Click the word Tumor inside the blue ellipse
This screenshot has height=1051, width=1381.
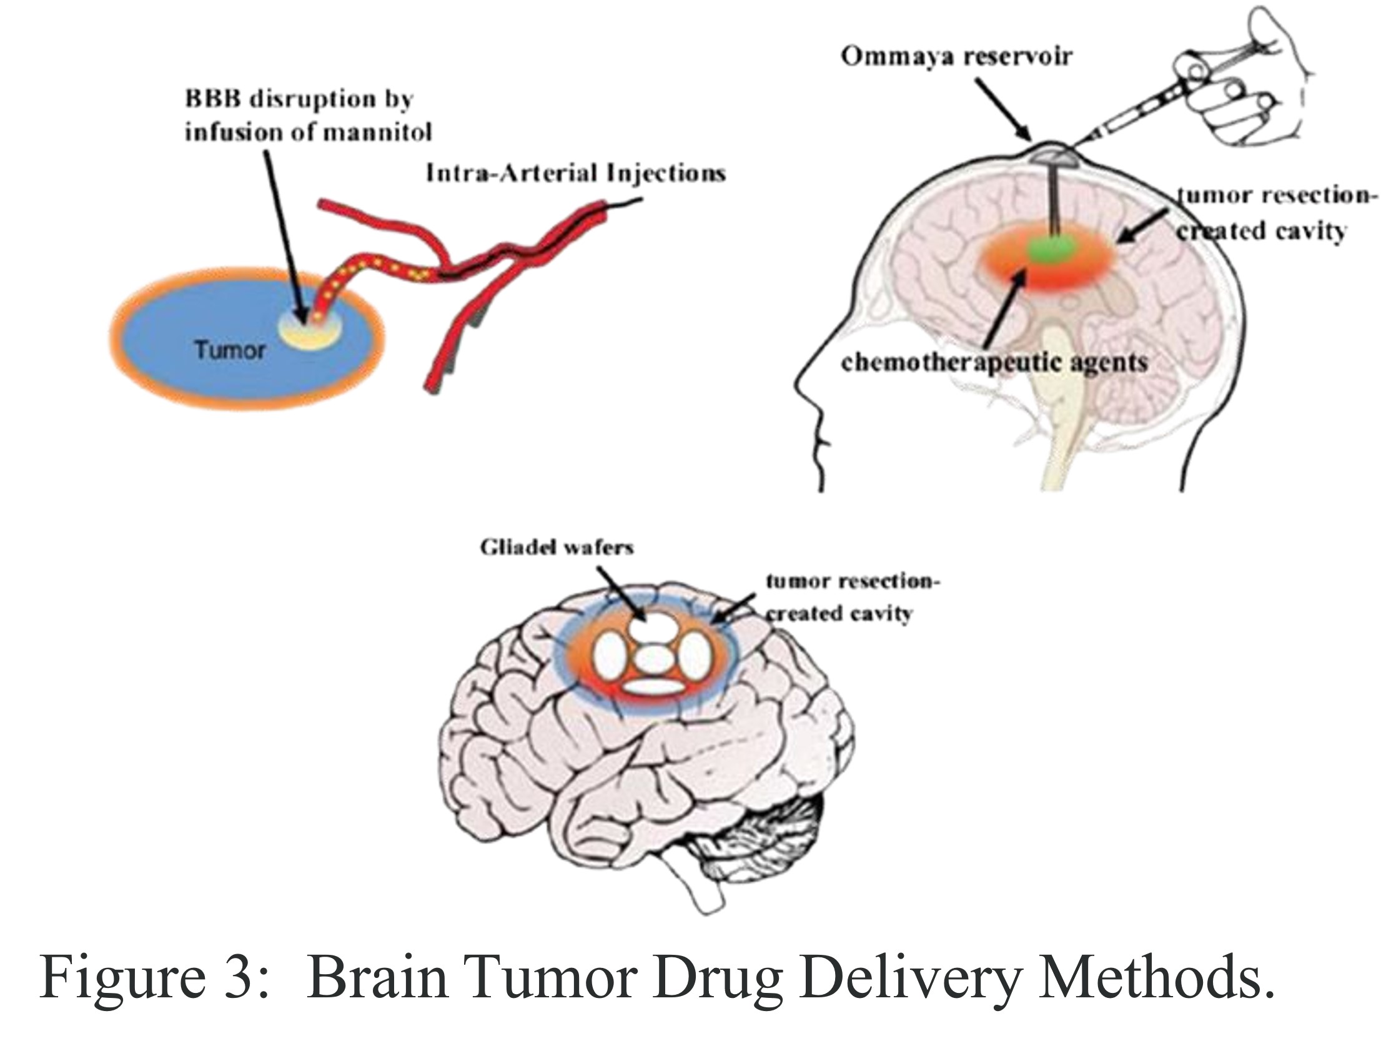(230, 350)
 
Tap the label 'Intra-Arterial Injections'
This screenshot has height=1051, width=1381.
(575, 172)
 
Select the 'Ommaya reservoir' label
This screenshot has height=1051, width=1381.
(956, 56)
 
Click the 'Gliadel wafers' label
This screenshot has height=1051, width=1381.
(557, 548)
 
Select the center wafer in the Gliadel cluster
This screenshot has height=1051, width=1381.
(653, 659)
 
